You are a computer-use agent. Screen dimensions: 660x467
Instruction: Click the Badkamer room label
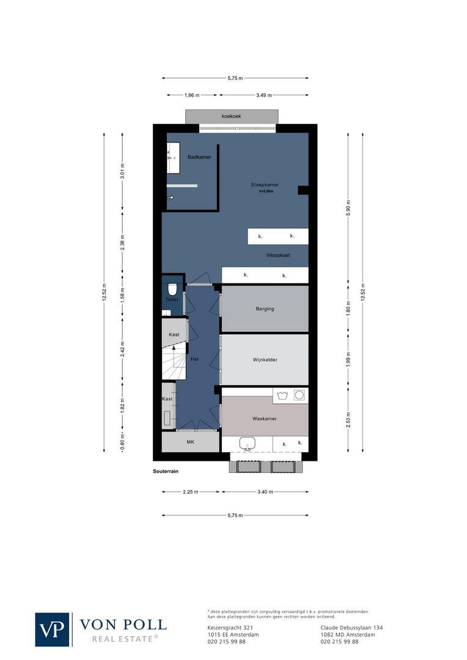pyautogui.click(x=199, y=157)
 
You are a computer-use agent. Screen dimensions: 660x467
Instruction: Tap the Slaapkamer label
pyautogui.click(x=265, y=185)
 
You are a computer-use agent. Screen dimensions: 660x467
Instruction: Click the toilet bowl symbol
pyautogui.click(x=172, y=288)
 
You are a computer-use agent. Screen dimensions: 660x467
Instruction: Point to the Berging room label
pyautogui.click(x=265, y=309)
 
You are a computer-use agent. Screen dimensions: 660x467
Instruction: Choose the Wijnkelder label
pyautogui.click(x=265, y=360)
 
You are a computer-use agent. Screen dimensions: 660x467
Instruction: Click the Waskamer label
pyautogui.click(x=265, y=419)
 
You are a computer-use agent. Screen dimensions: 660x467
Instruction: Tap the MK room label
pyautogui.click(x=190, y=441)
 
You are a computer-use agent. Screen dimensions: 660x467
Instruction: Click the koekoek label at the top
pyautogui.click(x=232, y=116)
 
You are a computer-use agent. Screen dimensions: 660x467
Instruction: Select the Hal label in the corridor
pyautogui.click(x=194, y=359)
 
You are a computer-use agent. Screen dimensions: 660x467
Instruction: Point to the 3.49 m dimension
pyautogui.click(x=264, y=95)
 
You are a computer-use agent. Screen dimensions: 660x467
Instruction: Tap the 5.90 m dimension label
pyautogui.click(x=348, y=207)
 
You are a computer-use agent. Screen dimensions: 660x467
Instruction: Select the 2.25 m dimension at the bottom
pyautogui.click(x=190, y=492)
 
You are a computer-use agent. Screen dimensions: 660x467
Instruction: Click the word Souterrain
pyautogui.click(x=166, y=472)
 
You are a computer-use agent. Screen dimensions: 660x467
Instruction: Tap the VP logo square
pyautogui.click(x=53, y=629)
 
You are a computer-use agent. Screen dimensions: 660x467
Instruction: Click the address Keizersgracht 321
pyautogui.click(x=226, y=628)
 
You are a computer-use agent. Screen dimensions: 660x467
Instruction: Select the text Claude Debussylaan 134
pyautogui.click(x=351, y=628)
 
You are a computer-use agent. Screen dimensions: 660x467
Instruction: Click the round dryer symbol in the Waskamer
pyautogui.click(x=299, y=395)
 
